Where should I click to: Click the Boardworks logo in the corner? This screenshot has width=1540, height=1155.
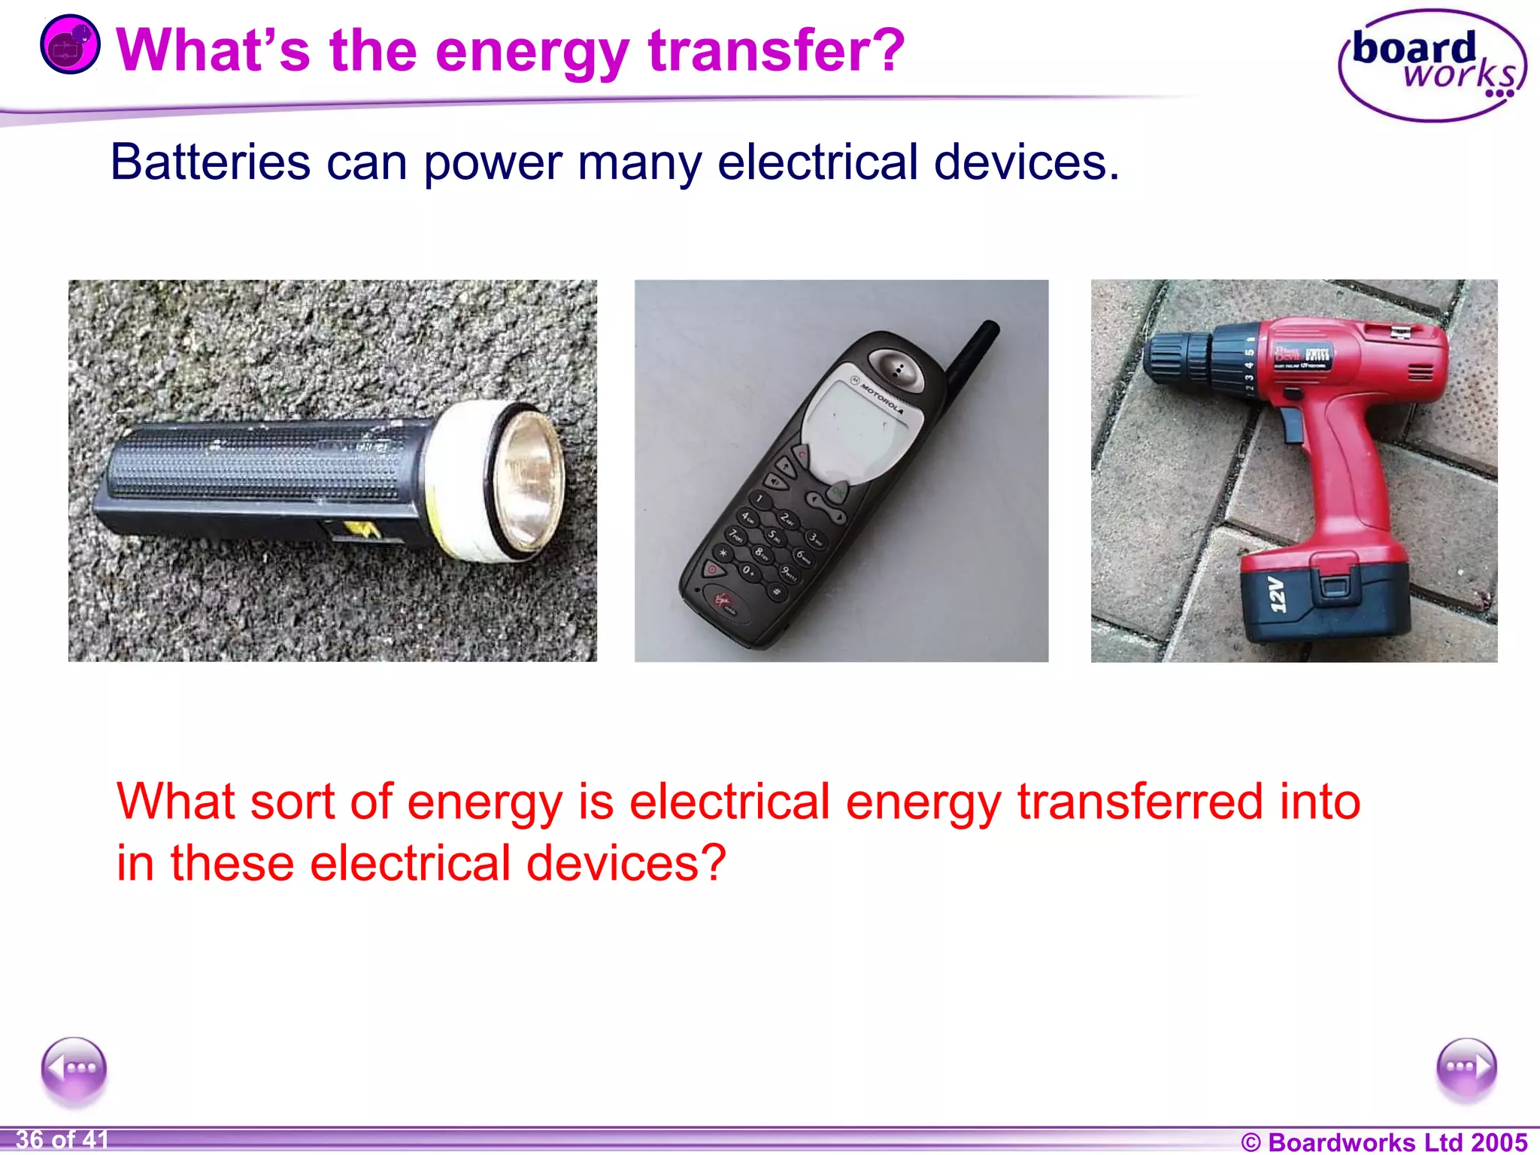[x=1432, y=66]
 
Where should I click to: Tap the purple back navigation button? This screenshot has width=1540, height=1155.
[x=74, y=1069]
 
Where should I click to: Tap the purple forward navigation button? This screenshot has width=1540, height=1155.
[x=1466, y=1069]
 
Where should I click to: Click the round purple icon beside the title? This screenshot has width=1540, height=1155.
[x=70, y=45]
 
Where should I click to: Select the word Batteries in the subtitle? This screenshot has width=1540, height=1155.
[x=210, y=162]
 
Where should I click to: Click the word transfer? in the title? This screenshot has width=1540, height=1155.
[x=777, y=51]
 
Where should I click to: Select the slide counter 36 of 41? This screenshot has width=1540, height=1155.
[x=62, y=1139]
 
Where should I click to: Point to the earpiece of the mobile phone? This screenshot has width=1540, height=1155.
[x=897, y=369]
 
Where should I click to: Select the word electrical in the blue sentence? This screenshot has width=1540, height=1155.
[x=817, y=162]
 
